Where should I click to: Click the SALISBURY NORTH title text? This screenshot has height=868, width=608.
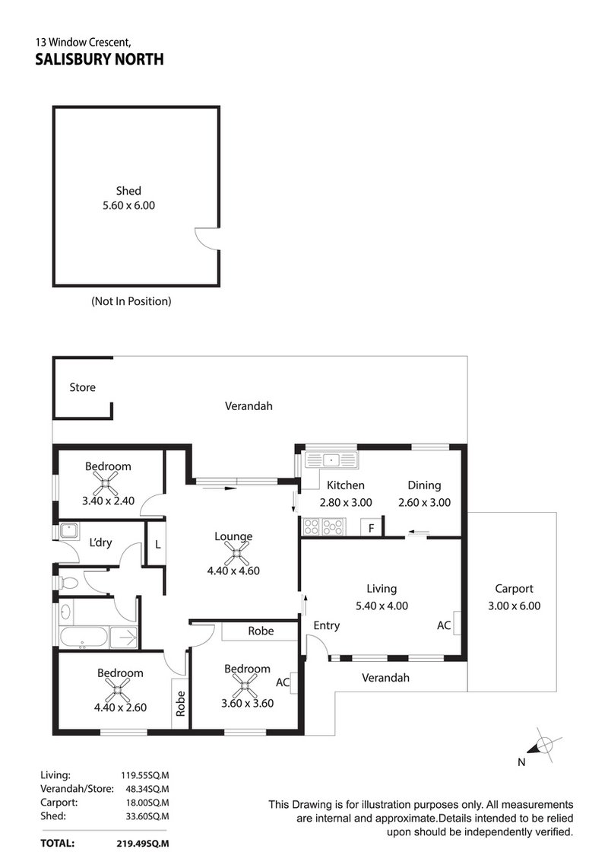tap(99, 59)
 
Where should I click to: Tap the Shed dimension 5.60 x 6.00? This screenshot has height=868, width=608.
tap(128, 205)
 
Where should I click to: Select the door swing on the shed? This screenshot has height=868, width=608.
tap(205, 237)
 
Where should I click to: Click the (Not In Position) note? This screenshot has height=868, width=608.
tap(131, 301)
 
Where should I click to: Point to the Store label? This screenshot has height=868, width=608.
tap(82, 387)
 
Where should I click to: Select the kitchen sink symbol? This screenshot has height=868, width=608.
tap(329, 459)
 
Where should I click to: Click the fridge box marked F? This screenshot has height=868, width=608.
tap(372, 526)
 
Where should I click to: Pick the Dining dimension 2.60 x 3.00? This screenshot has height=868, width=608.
tap(424, 502)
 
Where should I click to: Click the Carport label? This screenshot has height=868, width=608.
tap(514, 588)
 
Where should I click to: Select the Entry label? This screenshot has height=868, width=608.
tap(326, 625)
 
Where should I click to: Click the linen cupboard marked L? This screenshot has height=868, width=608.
tap(157, 545)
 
